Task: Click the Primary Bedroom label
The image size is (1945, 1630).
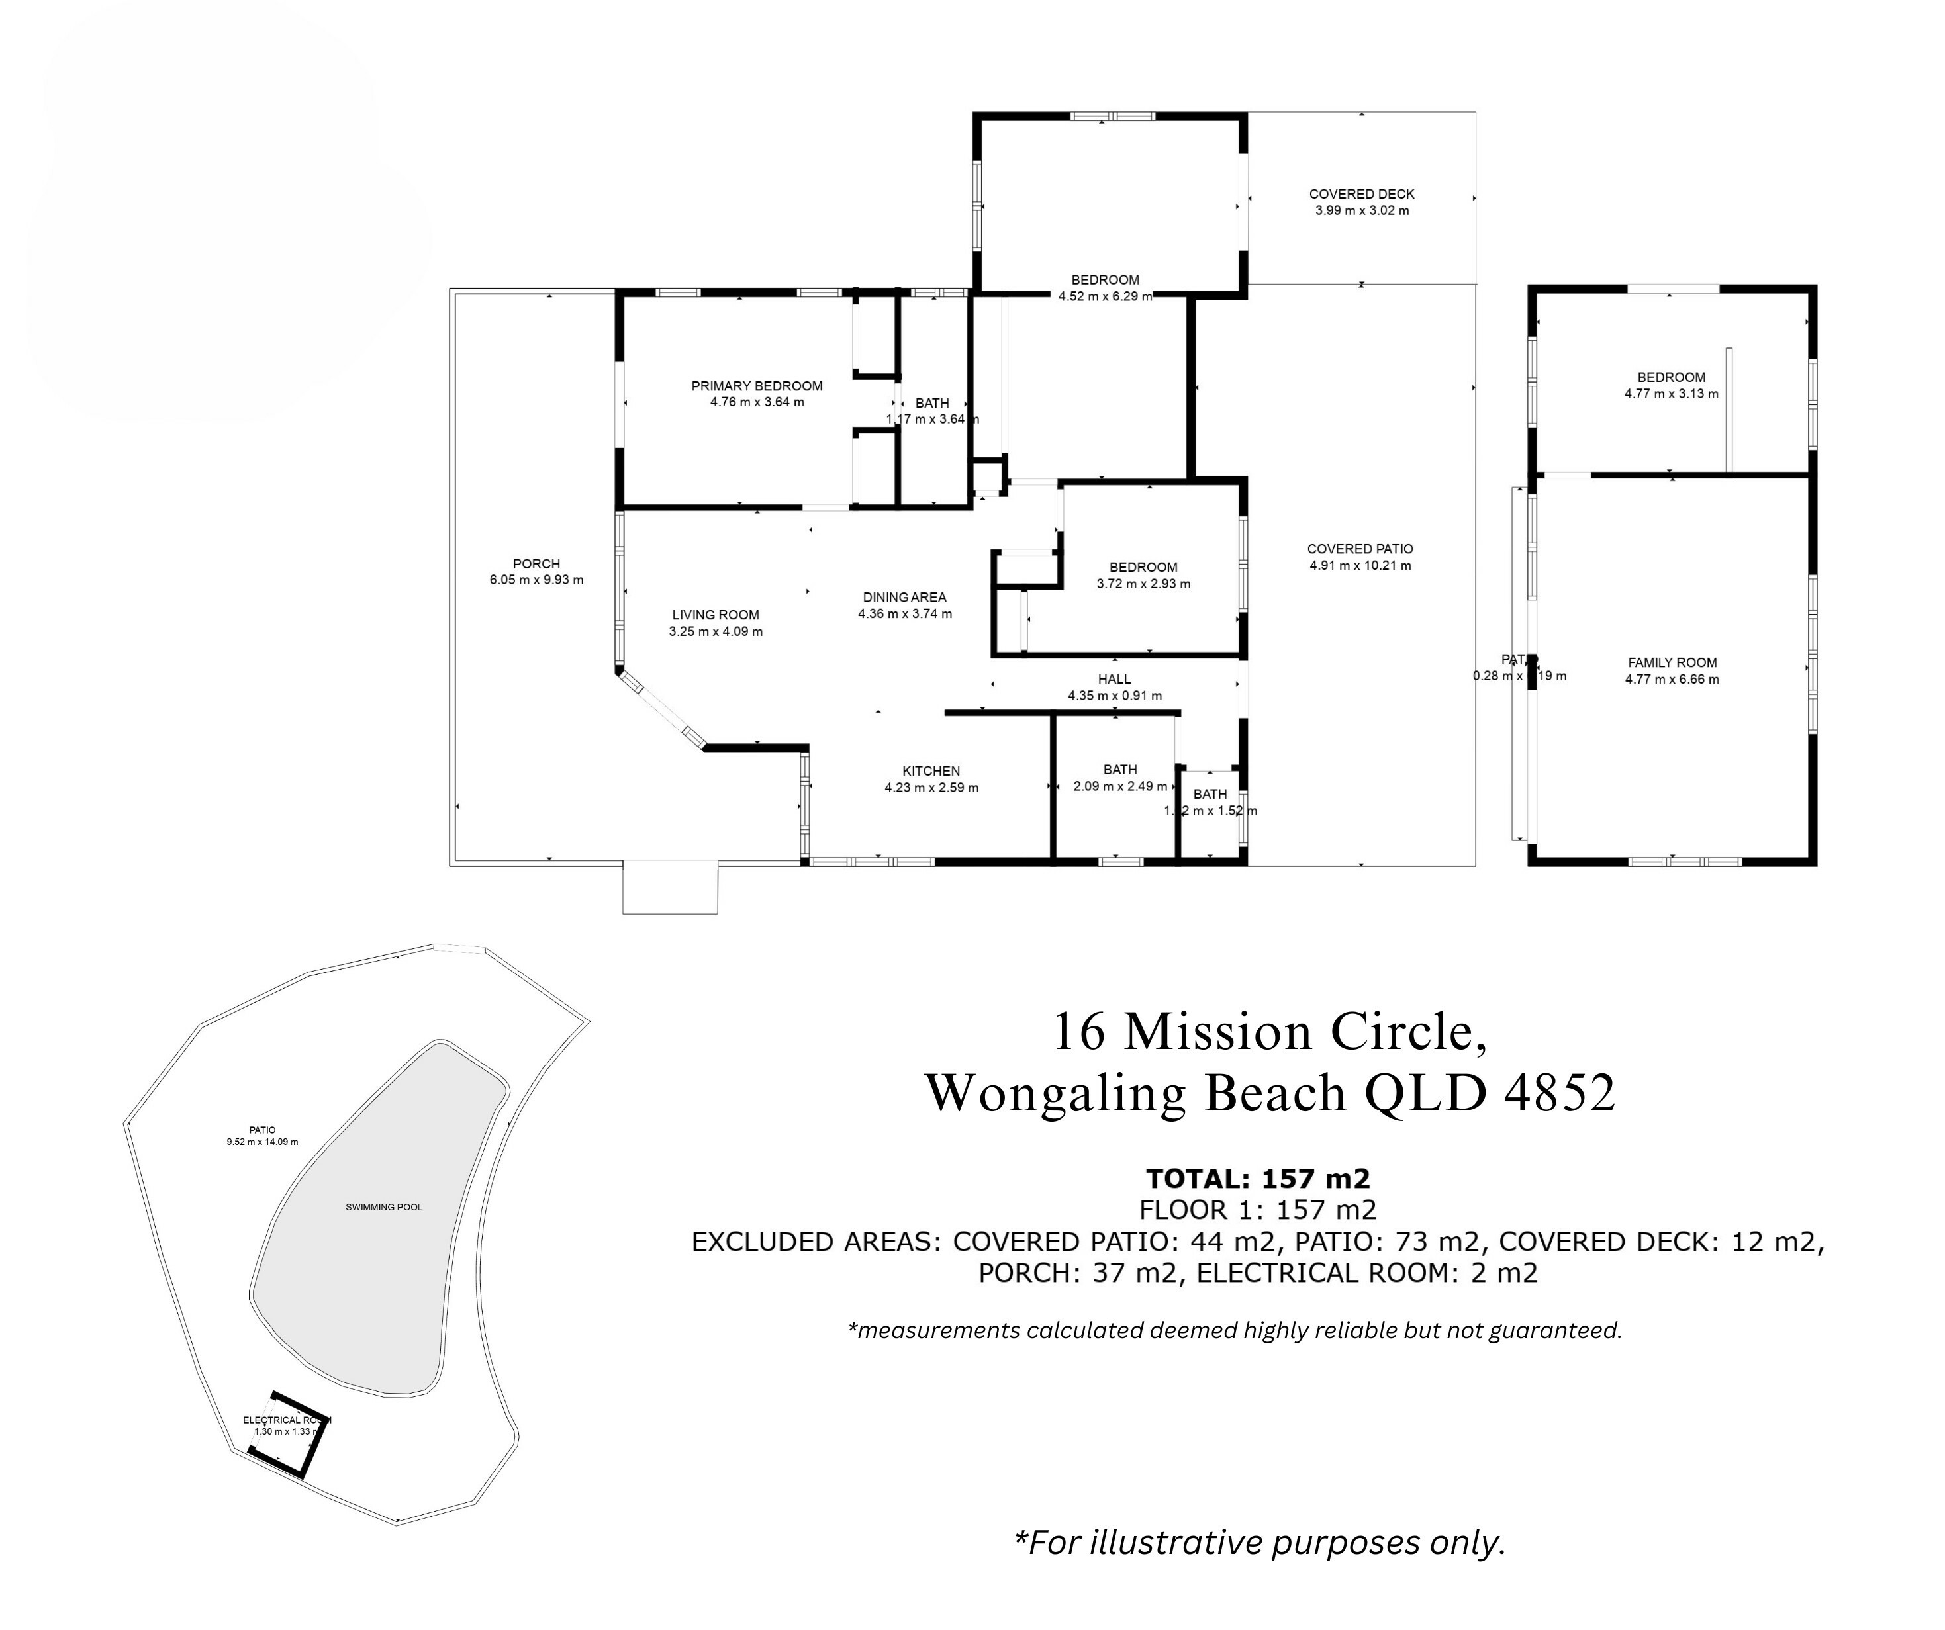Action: point(757,386)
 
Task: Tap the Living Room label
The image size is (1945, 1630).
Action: point(715,615)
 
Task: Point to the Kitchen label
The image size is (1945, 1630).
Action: point(931,770)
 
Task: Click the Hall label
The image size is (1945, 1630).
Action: point(1114,679)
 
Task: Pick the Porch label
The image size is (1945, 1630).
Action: point(536,563)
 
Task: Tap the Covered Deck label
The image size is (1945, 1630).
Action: point(1362,193)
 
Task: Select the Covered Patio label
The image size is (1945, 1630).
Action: point(1360,549)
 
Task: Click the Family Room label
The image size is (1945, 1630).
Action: point(1672,662)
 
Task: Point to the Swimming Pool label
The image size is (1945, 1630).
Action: point(383,1206)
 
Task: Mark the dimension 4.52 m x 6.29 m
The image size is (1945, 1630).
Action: point(1105,296)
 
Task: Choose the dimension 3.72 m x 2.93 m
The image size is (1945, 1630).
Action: point(1143,584)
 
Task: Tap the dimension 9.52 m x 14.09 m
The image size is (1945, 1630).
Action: point(262,1142)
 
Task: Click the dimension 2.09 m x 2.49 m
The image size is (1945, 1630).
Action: point(1119,786)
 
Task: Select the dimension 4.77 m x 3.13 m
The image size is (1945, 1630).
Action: point(1671,394)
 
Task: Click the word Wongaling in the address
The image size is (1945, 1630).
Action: point(1056,1093)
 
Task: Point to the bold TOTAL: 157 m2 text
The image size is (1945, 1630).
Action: point(1258,1178)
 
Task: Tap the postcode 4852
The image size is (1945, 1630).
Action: point(1560,1093)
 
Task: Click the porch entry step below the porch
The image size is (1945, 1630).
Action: point(670,887)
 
